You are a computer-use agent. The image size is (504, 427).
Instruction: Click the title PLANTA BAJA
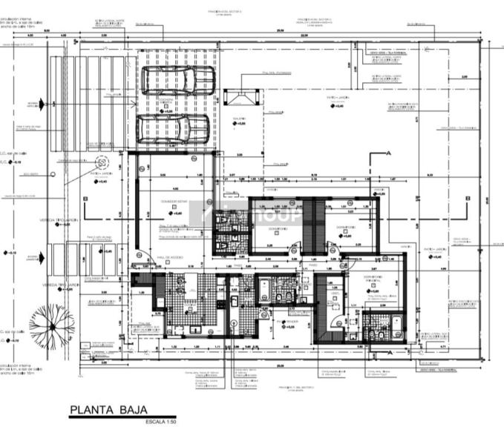[108, 409]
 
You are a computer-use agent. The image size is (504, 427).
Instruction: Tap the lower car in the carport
[173, 130]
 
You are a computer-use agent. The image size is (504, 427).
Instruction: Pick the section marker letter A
[387, 153]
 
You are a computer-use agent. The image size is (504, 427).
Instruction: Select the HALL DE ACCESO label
[169, 257]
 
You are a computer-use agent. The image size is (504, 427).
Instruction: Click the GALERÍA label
[239, 119]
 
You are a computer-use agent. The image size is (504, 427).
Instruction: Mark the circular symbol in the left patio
[101, 161]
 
